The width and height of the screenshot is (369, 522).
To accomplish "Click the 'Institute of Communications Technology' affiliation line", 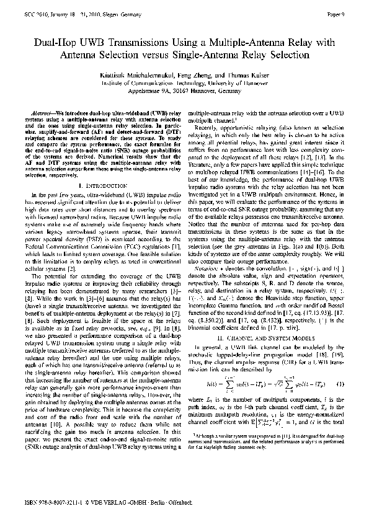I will point(184,81).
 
